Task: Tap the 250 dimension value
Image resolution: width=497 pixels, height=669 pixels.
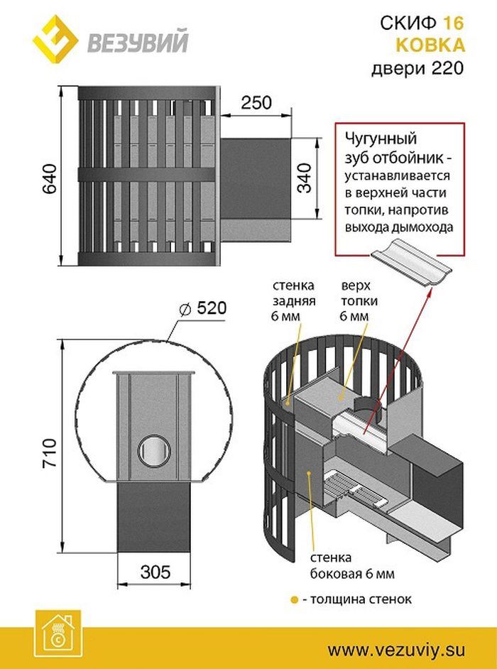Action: click(256, 102)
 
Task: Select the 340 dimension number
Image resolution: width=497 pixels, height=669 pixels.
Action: click(305, 179)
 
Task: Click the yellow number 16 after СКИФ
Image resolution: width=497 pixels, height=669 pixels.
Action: click(454, 23)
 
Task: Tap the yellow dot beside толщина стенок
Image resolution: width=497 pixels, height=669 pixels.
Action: click(294, 599)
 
